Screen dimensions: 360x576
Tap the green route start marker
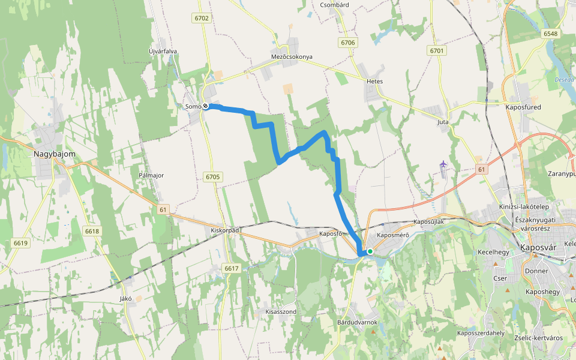[x=370, y=251]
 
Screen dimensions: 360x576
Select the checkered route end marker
[x=206, y=106]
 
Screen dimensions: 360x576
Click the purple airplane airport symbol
[x=443, y=164]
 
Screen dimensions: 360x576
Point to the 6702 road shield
[x=202, y=19]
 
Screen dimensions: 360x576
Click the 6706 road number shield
[x=348, y=43]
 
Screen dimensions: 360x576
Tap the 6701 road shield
[x=437, y=51]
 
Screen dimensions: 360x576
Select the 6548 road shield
[x=551, y=34]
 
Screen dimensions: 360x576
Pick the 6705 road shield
[x=212, y=177]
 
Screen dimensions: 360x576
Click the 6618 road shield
[x=92, y=231]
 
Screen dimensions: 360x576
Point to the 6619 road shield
[x=20, y=243]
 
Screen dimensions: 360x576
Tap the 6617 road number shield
[x=230, y=268]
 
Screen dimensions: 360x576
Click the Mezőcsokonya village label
[x=292, y=57]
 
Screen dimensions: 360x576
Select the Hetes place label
[x=374, y=81]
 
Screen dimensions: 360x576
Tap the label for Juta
[x=443, y=122]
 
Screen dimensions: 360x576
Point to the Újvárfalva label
[x=163, y=52]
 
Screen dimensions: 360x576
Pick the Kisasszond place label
[x=281, y=312]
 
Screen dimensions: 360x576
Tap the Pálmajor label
[x=151, y=176]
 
